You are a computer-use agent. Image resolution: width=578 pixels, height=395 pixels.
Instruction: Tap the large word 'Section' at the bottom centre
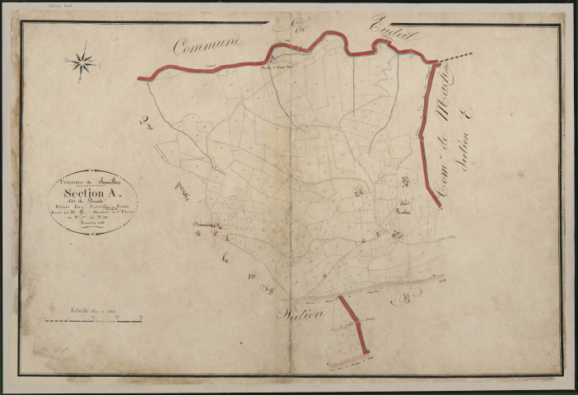(301, 313)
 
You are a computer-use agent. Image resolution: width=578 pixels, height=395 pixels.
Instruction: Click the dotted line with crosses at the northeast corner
(456, 58)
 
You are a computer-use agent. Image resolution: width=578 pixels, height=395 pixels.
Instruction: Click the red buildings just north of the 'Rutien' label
(404, 182)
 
